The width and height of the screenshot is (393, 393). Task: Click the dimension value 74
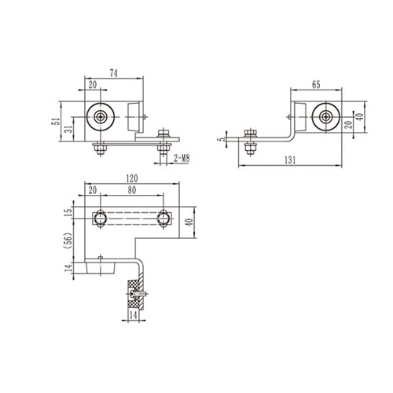pos(113,73)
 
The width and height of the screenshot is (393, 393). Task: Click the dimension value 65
pos(314,82)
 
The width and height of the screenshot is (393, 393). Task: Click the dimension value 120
pos(131,178)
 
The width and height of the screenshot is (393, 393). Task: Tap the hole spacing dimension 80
pos(130,190)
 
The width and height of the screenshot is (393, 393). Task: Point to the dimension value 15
pos(68,211)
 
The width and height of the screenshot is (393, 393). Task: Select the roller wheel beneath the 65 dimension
pos(324,117)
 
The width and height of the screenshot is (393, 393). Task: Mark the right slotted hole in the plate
pos(163,216)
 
